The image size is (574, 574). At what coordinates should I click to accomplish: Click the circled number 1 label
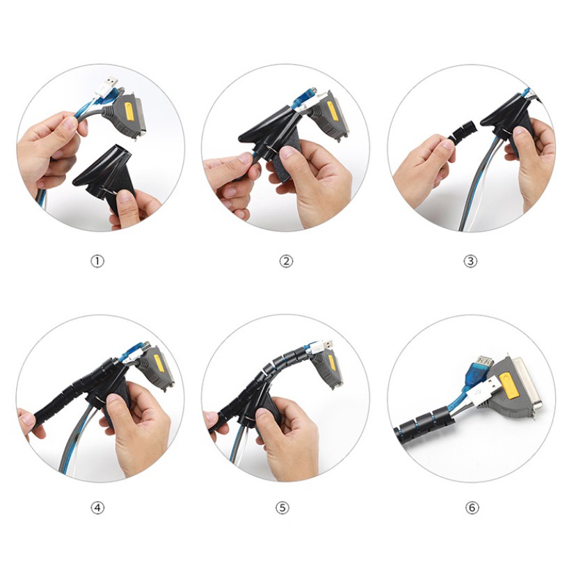click(x=97, y=262)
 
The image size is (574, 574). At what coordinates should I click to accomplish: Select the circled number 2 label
click(x=286, y=262)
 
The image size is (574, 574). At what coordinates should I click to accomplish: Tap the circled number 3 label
click(x=470, y=262)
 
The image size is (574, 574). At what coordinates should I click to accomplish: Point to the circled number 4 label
click(x=97, y=508)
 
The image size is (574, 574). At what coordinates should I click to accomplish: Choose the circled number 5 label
click(x=282, y=508)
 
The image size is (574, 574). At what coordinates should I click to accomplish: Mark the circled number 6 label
click(x=472, y=508)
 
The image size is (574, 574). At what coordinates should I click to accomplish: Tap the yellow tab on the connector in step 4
click(x=159, y=363)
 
